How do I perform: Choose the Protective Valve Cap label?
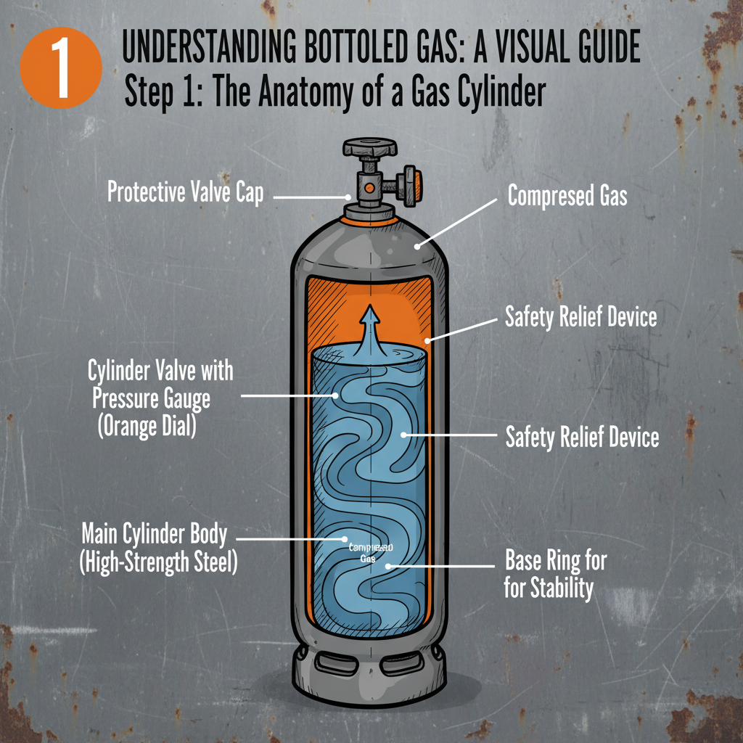tap(185, 193)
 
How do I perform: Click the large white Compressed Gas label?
tap(567, 196)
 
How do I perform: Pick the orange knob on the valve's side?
tap(410, 186)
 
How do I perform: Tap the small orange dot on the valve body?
tap(370, 188)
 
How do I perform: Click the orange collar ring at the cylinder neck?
tap(371, 215)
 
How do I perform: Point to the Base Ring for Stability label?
tap(555, 574)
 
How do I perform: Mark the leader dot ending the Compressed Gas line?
tap(418, 247)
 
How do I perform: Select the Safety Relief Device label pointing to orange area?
tap(580, 317)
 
